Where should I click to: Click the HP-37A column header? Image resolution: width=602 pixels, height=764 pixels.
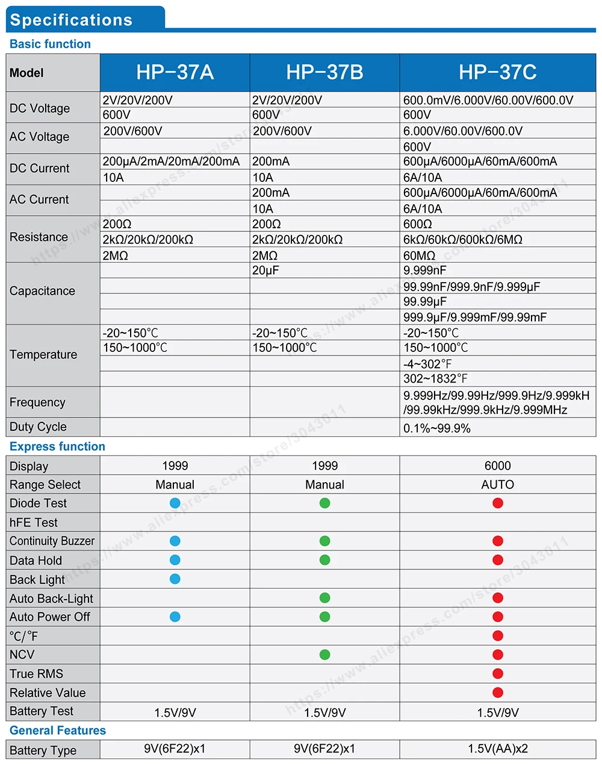click(175, 72)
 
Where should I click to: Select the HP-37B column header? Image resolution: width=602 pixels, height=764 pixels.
click(324, 72)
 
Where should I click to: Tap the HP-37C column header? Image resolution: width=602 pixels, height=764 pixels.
click(497, 72)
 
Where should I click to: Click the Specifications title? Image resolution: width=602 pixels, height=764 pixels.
click(71, 20)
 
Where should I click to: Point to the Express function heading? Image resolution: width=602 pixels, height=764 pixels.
click(57, 446)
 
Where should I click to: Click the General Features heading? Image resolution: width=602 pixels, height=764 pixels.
click(58, 730)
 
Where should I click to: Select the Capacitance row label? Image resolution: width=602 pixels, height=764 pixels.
click(42, 291)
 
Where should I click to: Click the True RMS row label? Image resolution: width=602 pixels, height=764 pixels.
click(36, 674)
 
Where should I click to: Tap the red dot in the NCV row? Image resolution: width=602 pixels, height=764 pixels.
click(498, 655)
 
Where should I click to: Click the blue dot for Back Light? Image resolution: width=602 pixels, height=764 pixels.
click(175, 579)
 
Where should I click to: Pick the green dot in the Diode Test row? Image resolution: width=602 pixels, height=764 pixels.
click(325, 503)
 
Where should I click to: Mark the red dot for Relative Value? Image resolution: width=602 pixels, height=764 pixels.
click(498, 693)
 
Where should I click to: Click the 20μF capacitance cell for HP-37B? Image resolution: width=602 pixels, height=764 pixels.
click(265, 271)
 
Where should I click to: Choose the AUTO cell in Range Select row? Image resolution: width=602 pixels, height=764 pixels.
click(497, 484)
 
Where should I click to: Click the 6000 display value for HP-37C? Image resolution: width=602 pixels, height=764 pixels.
click(497, 466)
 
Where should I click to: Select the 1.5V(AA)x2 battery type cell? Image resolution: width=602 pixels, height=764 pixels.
click(498, 749)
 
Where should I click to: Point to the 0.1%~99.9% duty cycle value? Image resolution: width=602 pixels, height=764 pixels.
click(437, 428)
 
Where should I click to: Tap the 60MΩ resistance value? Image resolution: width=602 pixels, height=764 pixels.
click(419, 255)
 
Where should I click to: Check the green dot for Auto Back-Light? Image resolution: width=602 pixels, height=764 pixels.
click(325, 598)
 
